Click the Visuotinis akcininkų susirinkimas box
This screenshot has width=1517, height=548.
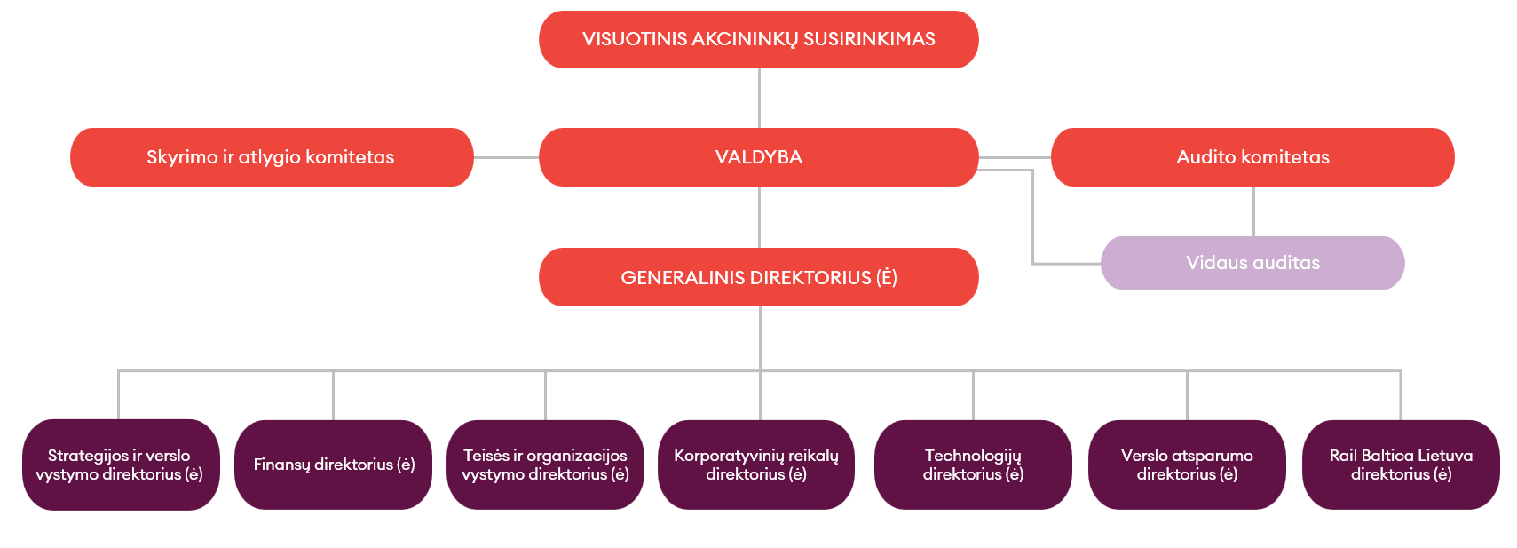pyautogui.click(x=758, y=39)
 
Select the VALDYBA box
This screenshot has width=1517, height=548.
pyautogui.click(x=758, y=157)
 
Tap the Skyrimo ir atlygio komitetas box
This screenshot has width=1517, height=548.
pyautogui.click(x=271, y=157)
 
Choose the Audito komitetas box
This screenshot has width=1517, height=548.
pyautogui.click(x=1252, y=157)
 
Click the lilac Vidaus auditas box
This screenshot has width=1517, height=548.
pyautogui.click(x=1252, y=263)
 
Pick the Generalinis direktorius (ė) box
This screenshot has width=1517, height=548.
pyautogui.click(x=758, y=277)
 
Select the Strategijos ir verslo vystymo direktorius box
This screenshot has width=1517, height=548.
pyautogui.click(x=120, y=465)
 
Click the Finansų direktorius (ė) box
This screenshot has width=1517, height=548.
pyautogui.click(x=333, y=465)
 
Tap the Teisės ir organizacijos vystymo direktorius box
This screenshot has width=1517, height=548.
pyautogui.click(x=545, y=465)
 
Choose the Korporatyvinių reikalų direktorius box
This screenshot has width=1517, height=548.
pyautogui.click(x=756, y=465)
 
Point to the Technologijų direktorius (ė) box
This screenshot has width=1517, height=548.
pyautogui.click(x=973, y=465)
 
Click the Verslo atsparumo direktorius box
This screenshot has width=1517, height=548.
pyautogui.click(x=1187, y=465)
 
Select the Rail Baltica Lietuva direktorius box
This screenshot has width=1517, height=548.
pyautogui.click(x=1401, y=465)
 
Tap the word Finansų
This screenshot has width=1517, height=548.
pyautogui.click(x=281, y=465)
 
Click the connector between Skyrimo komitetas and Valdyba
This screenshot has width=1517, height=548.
pyautogui.click(x=506, y=157)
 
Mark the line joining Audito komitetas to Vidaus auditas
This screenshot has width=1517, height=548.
pyautogui.click(x=1253, y=211)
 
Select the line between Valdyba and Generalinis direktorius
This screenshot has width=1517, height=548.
pyautogui.click(x=759, y=217)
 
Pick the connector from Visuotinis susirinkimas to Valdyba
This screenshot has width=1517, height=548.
pyautogui.click(x=759, y=98)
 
